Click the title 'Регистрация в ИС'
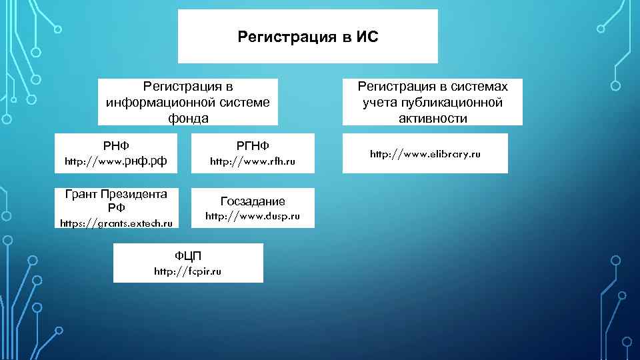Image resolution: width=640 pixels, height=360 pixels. point(307,37)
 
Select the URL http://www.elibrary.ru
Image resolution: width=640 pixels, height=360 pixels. point(425,154)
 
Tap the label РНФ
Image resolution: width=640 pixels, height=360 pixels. point(115,145)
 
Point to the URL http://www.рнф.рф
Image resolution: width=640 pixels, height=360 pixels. point(115,161)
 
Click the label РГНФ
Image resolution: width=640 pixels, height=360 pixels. point(252,145)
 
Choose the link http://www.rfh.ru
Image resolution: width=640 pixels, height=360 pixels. point(252,161)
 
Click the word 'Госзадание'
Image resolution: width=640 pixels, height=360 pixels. point(252,201)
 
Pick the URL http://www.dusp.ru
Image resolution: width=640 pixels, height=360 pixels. point(252,216)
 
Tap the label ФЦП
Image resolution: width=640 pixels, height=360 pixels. point(188,256)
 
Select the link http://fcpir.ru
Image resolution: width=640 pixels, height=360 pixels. point(188,271)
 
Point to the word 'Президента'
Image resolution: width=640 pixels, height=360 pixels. point(133,195)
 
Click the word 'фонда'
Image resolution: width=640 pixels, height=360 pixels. point(187,118)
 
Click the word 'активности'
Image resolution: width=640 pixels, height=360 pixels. point(433,118)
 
